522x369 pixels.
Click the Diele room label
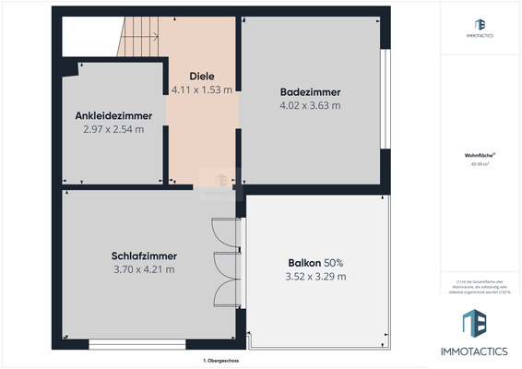point(202,76)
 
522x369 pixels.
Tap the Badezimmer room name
point(310,92)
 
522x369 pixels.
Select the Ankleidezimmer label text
point(113,115)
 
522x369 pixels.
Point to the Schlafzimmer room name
point(143,256)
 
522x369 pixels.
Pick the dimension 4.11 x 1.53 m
point(202,89)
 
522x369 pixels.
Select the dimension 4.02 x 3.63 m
point(310,105)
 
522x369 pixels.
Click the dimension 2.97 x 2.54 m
point(113,129)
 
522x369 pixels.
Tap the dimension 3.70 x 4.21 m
point(143,269)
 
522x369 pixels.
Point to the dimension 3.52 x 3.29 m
point(316,276)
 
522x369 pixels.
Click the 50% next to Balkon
point(334,262)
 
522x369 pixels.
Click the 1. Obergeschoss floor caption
point(220,360)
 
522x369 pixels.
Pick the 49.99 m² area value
point(480,165)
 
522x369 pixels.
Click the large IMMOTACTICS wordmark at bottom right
point(480,351)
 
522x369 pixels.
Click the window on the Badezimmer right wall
point(388,97)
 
